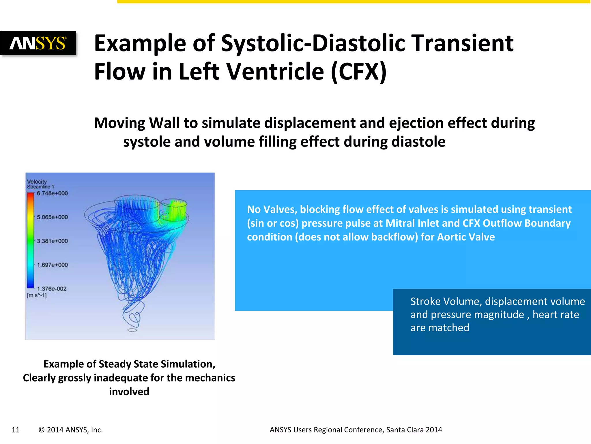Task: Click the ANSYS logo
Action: tap(38, 43)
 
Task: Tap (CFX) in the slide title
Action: tap(358, 72)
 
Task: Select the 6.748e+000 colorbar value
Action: tap(52, 193)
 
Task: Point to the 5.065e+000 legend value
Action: tap(52, 217)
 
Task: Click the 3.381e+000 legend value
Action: tap(52, 241)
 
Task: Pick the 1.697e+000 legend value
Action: tap(52, 265)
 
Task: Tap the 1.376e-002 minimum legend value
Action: tap(52, 289)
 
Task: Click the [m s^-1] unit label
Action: tap(37, 295)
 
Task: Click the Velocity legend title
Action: tap(37, 182)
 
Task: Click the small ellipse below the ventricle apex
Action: tap(132, 330)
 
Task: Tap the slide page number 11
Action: tap(16, 430)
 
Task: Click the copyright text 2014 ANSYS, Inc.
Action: tap(71, 430)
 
